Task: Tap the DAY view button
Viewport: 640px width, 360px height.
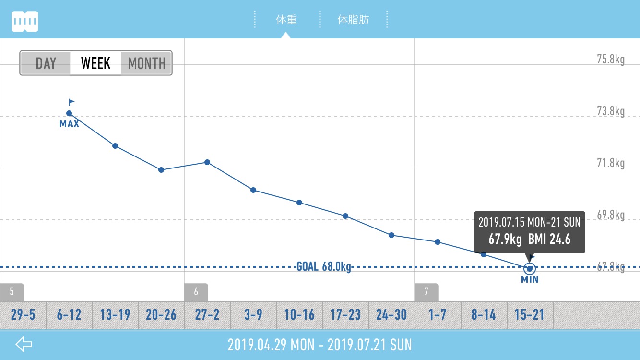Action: [x=46, y=63]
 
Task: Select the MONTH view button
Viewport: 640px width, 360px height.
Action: [x=146, y=63]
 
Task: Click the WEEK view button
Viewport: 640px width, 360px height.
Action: [x=95, y=63]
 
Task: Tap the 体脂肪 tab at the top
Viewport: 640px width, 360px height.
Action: [x=353, y=20]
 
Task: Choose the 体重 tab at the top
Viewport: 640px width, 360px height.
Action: [x=286, y=20]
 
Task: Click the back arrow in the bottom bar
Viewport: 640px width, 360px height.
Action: [x=24, y=344]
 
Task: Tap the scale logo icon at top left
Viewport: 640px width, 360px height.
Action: [x=25, y=21]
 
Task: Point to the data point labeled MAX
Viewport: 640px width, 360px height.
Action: [x=69, y=113]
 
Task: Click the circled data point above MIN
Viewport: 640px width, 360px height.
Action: [x=530, y=268]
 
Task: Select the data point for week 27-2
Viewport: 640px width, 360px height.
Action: [x=207, y=162]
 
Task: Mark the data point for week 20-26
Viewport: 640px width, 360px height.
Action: [x=161, y=170]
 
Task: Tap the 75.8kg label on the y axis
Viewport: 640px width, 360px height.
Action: [x=610, y=60]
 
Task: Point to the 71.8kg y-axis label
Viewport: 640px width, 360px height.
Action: [x=610, y=164]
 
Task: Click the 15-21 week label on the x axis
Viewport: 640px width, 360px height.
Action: [x=530, y=315]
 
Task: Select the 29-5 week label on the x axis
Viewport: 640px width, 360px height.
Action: [x=23, y=315]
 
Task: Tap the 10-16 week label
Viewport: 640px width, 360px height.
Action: [x=299, y=315]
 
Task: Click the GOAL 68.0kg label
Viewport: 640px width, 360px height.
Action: [x=324, y=266]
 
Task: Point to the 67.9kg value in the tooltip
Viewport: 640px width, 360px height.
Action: [x=505, y=239]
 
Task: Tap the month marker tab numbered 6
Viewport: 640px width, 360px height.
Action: [x=196, y=292]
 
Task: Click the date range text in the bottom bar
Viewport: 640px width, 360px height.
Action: [x=320, y=345]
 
